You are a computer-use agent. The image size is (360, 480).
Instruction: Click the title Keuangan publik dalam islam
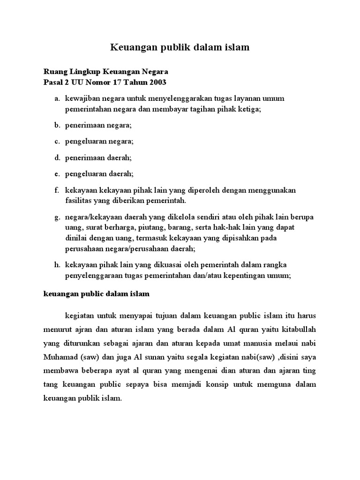pos(180,47)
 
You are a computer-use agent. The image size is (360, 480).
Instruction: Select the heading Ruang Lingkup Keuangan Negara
pos(105,72)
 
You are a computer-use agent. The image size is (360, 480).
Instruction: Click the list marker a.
pos(57,99)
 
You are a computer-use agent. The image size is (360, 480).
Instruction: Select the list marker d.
pos(57,157)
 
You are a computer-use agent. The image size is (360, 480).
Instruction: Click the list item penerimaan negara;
pos(98,125)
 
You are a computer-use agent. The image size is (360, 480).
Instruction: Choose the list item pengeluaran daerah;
pos(99,174)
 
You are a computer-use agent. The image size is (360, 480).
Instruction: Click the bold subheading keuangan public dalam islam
pos(96,294)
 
